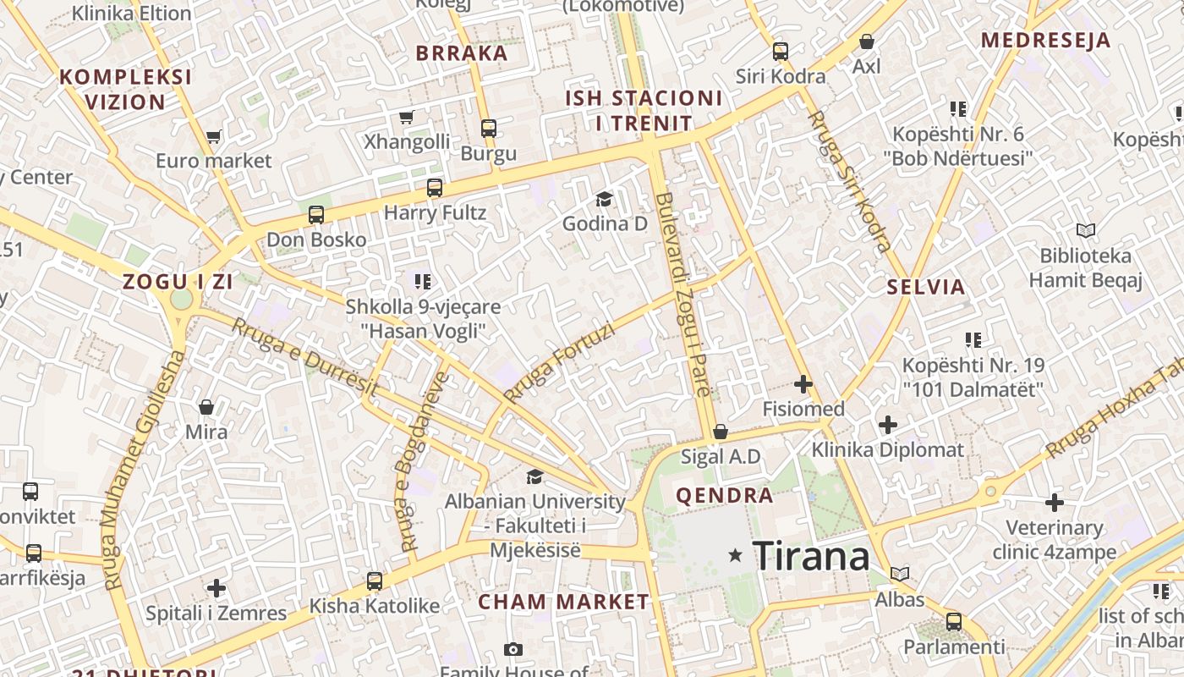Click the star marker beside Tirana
coord(736,555)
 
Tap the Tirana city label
coord(810,556)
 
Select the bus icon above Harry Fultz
coord(435,187)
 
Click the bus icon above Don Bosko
coord(316,214)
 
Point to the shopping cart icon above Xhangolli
coord(407,117)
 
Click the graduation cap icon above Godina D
coord(604,199)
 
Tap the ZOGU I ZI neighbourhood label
coord(177,282)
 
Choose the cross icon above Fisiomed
coord(803,384)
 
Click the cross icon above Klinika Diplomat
coord(887,424)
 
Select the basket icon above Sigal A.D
coord(721,432)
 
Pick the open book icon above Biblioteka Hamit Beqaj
coord(1085,230)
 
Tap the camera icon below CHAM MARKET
coord(513,649)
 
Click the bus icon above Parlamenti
coord(954,621)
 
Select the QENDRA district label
coord(724,496)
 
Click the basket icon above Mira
coord(206,407)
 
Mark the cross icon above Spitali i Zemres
coord(217,587)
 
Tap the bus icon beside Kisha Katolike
coord(374,581)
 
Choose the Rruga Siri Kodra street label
coord(848,181)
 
